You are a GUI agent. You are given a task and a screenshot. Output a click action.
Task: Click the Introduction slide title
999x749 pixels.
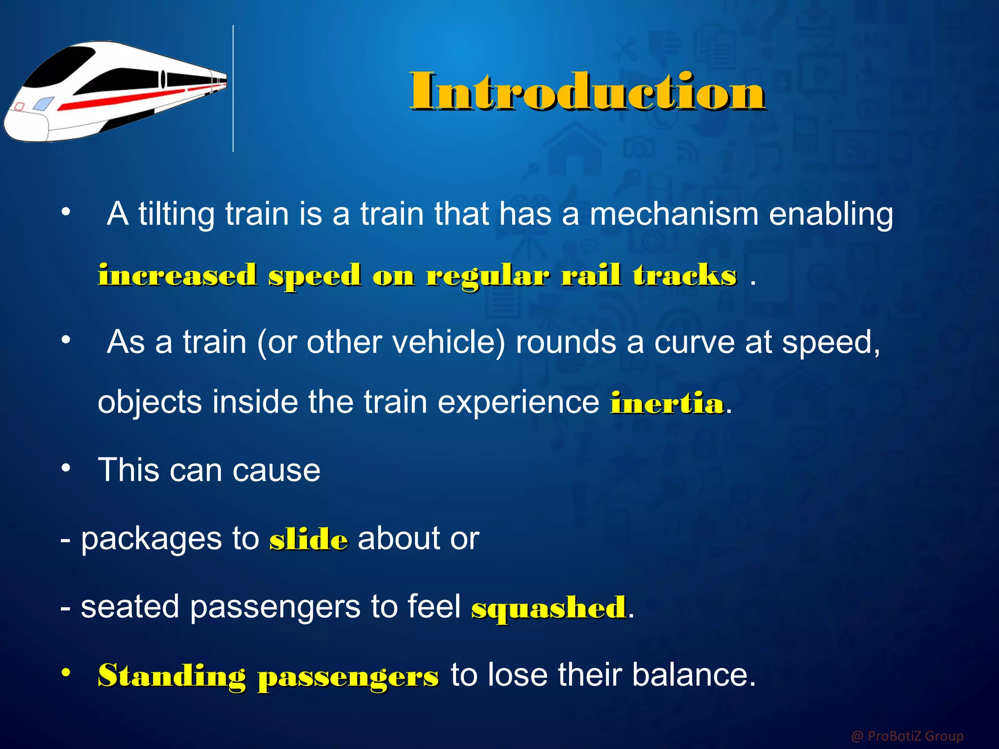[x=587, y=91]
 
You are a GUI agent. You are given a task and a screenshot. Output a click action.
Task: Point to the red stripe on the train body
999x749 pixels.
[x=127, y=99]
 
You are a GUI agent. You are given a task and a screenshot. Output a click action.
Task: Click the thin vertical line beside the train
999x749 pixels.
[x=233, y=88]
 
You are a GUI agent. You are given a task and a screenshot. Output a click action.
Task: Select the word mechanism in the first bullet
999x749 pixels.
[x=674, y=214]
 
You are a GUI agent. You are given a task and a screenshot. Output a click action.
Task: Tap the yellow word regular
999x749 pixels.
[x=488, y=276]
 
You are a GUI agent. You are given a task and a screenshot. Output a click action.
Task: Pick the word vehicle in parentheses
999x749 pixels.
[x=447, y=342]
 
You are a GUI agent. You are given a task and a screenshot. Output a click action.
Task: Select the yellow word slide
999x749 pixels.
[x=308, y=540]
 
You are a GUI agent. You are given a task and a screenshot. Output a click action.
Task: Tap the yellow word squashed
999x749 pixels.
[x=548, y=608]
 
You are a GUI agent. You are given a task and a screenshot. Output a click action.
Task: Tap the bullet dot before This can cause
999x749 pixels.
[x=66, y=468]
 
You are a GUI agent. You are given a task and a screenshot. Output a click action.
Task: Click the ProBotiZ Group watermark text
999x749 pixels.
[x=907, y=735]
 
